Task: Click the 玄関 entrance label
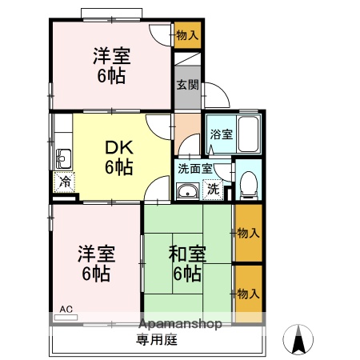pyautogui.click(x=188, y=85)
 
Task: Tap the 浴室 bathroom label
pyautogui.click(x=221, y=135)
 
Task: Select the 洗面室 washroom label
pyautogui.click(x=195, y=169)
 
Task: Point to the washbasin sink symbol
pyautogui.click(x=188, y=190)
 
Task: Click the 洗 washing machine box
pyautogui.click(x=213, y=190)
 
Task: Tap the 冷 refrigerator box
pyautogui.click(x=64, y=182)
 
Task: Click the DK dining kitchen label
pyautogui.click(x=118, y=158)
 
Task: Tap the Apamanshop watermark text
pyautogui.click(x=180, y=325)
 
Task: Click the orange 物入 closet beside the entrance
pyautogui.click(x=187, y=35)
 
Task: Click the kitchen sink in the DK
pyautogui.click(x=62, y=157)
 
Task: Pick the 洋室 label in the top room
pyautogui.click(x=111, y=66)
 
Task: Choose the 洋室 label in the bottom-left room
pyautogui.click(x=96, y=263)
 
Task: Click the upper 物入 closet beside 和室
pyautogui.click(x=247, y=233)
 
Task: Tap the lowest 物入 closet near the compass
pyautogui.click(x=247, y=294)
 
